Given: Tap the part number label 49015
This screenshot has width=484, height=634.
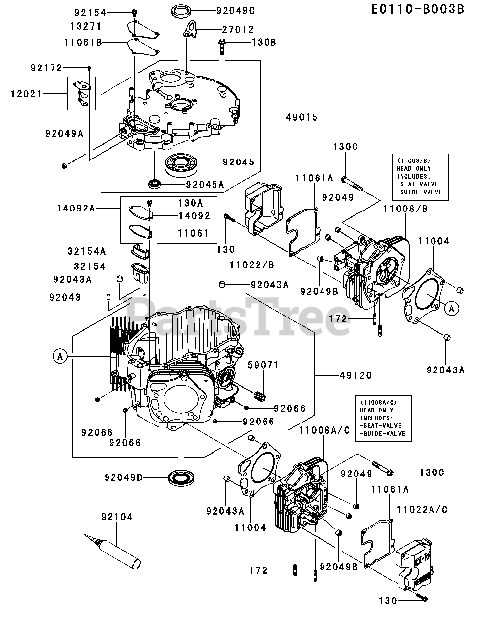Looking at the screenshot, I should pos(301,117).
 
